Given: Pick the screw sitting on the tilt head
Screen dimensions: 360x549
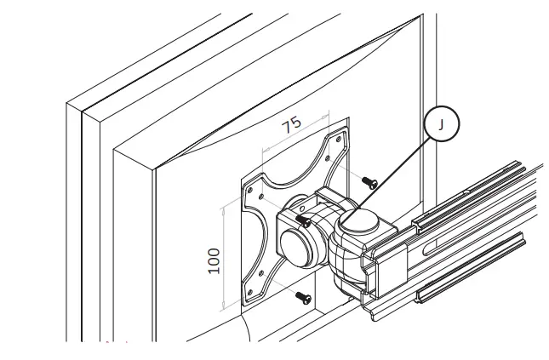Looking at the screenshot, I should point(303,220).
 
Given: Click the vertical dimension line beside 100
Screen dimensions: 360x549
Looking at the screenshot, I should point(223,255).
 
